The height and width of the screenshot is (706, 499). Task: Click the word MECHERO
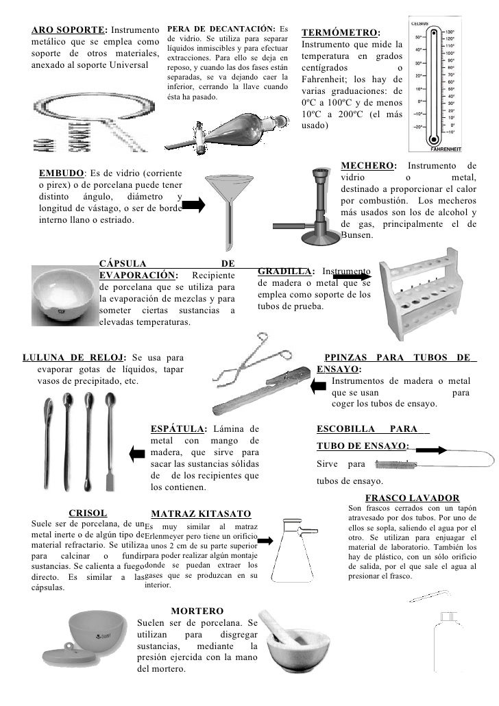[x=367, y=167]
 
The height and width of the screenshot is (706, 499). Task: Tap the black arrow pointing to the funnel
[x=193, y=204]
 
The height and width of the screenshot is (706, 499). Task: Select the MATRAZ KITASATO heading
[x=201, y=513]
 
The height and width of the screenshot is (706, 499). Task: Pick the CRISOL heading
[x=88, y=511]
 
